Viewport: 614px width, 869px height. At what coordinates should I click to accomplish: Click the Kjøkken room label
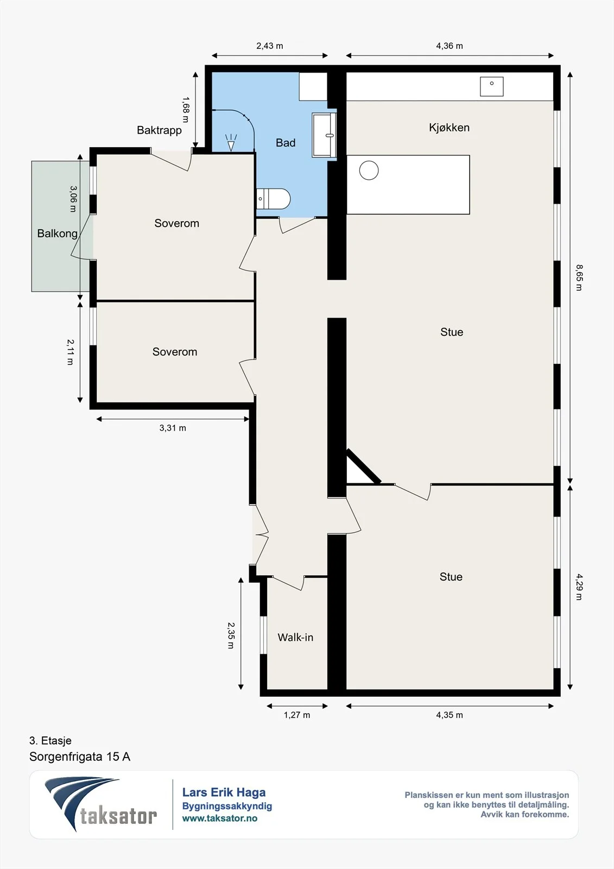[449, 128]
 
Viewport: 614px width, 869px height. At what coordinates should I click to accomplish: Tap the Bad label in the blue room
[286, 143]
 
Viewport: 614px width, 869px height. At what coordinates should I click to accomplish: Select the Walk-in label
[295, 638]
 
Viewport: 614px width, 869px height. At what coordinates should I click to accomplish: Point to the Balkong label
[58, 234]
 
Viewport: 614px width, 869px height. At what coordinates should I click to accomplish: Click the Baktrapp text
[159, 130]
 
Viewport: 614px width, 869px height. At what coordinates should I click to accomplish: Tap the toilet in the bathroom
[273, 199]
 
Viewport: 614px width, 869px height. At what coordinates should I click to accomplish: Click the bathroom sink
[324, 135]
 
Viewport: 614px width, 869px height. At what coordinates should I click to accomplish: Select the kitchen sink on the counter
[491, 86]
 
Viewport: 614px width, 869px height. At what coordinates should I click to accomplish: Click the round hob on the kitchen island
[369, 171]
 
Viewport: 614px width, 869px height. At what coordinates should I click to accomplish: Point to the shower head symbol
[231, 142]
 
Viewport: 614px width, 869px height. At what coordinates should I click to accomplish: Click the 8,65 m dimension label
[579, 278]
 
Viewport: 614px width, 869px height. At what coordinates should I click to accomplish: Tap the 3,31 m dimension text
[173, 428]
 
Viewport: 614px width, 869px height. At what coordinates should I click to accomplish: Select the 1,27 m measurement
[297, 715]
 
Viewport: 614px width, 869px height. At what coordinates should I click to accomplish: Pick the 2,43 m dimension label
[270, 46]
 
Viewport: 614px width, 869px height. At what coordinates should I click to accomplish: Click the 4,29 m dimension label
[579, 587]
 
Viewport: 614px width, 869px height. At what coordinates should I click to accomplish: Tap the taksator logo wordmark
[118, 816]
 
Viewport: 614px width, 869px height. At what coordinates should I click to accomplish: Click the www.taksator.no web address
[220, 818]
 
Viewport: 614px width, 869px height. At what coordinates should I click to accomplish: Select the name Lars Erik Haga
[224, 792]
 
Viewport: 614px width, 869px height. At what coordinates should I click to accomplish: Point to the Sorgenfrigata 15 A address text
[80, 757]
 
